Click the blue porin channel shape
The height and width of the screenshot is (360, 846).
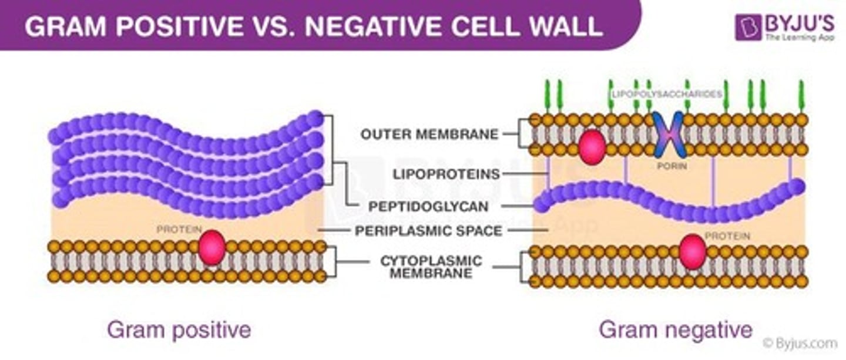tap(669, 134)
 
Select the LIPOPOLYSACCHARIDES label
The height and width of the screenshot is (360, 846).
tap(666, 94)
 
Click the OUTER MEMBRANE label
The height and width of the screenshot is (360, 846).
tap(429, 134)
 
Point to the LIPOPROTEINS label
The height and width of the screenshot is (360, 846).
tap(447, 174)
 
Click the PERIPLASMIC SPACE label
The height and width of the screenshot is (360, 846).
tap(428, 231)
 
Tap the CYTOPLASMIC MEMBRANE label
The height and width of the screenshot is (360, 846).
tap(431, 267)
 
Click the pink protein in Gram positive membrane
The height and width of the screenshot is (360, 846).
tap(212, 247)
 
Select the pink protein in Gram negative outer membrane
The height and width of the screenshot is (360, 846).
tap(592, 147)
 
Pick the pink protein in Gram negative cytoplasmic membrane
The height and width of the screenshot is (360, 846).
tap(693, 251)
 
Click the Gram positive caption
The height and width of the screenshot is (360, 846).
tap(179, 330)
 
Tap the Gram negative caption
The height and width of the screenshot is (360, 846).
tap(675, 330)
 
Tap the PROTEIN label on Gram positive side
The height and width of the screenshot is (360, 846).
tap(179, 229)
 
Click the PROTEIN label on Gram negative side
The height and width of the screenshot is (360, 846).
tap(727, 235)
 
